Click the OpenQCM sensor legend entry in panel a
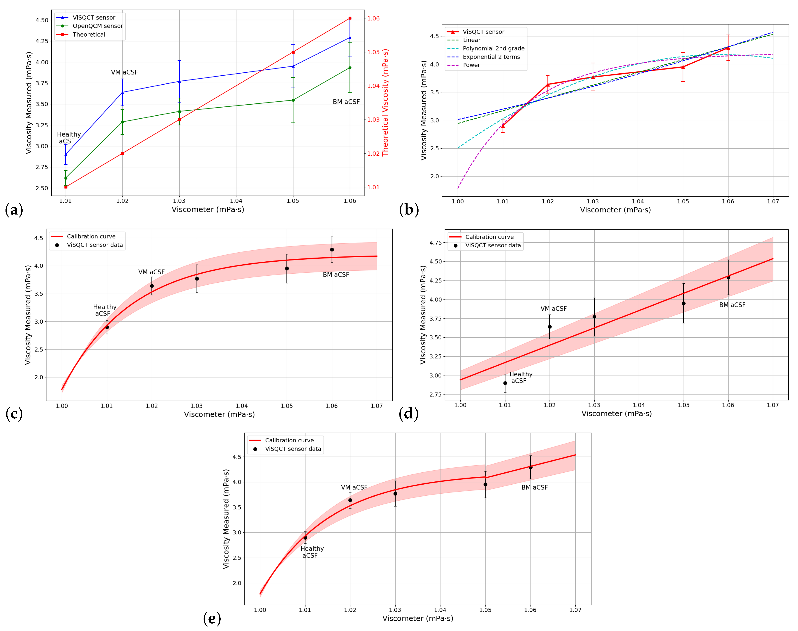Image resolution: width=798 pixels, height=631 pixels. point(98,26)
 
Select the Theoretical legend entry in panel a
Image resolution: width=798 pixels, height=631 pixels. point(89,34)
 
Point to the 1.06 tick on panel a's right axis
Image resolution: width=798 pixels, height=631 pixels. point(373,18)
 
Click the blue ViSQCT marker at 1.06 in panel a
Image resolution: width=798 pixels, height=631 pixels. point(350,38)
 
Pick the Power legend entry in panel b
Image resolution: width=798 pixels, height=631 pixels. point(471,65)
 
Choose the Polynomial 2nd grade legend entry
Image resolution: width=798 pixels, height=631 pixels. point(493,48)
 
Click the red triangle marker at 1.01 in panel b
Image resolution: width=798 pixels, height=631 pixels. point(503,126)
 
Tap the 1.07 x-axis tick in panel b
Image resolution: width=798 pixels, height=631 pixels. point(773,201)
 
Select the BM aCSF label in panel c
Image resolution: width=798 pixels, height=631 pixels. point(336,275)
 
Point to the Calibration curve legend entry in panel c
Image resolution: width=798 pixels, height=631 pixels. point(91,237)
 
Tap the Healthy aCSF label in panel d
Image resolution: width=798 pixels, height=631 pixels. point(521,378)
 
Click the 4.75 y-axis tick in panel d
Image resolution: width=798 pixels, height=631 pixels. point(436,243)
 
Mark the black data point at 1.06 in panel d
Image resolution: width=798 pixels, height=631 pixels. point(728,278)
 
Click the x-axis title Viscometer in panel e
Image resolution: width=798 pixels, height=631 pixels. point(418,618)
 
